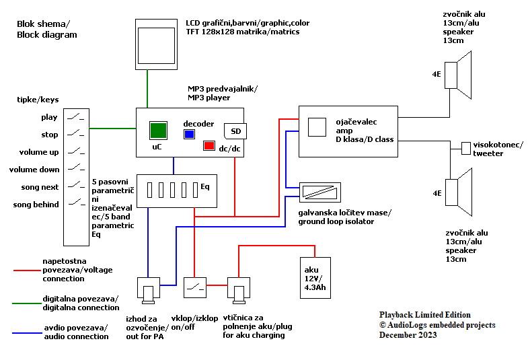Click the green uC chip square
pos(158,130)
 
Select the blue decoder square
pos(190,134)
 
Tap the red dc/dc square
pos(209,145)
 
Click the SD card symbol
pos(235,131)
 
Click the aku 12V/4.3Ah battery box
pos(315,277)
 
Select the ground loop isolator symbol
pos(319,192)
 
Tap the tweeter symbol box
pos(466,148)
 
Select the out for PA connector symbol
pos(148,289)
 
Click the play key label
pos(49,117)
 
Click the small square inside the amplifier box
pos(316,127)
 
